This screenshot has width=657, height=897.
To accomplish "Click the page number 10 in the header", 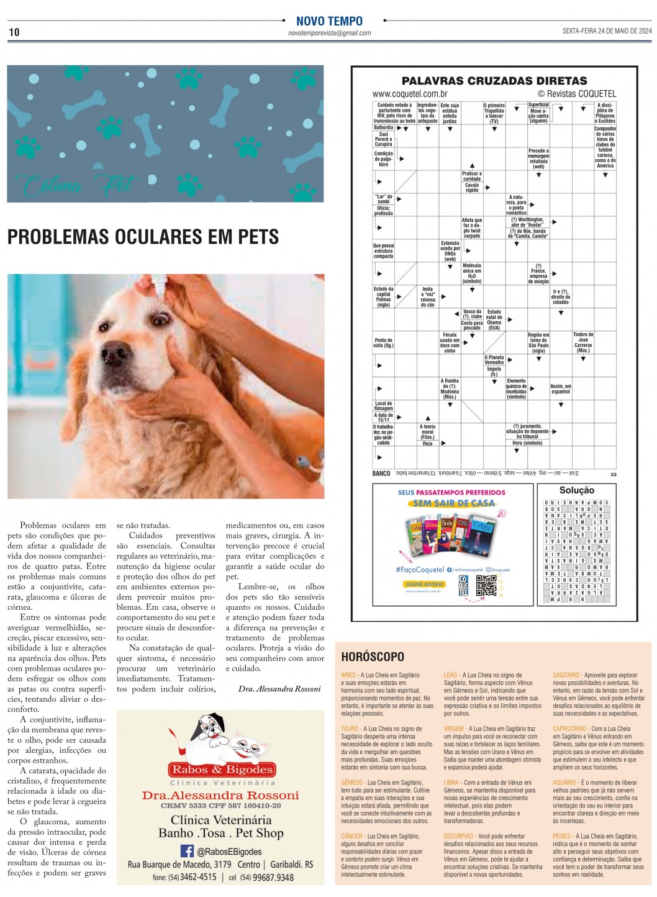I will click(14, 32).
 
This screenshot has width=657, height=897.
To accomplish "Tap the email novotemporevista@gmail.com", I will click(329, 34).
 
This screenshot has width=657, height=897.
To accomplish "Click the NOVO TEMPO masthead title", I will click(329, 21).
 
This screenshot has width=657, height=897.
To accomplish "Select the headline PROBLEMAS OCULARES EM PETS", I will click(143, 237).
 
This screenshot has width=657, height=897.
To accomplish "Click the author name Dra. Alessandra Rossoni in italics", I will click(279, 689).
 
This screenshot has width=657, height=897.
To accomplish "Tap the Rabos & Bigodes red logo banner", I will click(222, 770).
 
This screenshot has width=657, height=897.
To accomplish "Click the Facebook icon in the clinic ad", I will click(186, 851).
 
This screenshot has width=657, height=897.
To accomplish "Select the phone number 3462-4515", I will click(198, 877).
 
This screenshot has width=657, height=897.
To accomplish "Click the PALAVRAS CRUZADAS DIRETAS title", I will click(494, 81).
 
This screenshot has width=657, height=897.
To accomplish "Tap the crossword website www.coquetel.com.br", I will click(410, 94).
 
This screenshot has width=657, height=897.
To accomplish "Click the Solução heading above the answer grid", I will click(576, 490).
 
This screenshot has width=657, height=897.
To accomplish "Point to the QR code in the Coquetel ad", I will click(486, 585).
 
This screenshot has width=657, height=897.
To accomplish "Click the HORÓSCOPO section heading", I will click(373, 656).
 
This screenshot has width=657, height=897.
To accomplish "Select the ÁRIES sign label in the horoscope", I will click(348, 675).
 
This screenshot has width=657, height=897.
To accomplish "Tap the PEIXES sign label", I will click(563, 836).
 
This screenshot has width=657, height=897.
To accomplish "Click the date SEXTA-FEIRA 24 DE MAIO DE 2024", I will click(607, 31).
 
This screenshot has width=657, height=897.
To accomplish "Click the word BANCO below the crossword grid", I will click(381, 474).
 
